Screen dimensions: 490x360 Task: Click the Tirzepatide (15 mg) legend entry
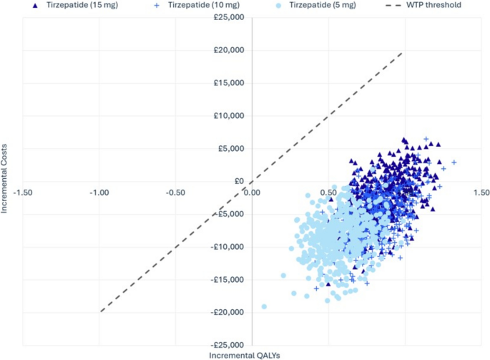(75, 5)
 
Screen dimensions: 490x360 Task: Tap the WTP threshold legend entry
(423, 5)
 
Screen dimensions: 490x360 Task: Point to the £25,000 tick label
(229, 17)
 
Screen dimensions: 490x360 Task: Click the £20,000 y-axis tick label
(229, 50)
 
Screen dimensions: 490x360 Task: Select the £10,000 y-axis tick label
(229, 116)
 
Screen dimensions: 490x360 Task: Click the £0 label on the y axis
(239, 181)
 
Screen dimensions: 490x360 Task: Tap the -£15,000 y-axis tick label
(227, 280)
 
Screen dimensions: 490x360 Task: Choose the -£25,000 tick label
(227, 345)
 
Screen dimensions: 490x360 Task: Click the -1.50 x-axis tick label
(23, 193)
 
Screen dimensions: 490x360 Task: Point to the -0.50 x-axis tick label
(175, 193)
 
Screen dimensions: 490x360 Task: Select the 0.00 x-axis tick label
(252, 193)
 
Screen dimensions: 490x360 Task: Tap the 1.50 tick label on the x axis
(481, 193)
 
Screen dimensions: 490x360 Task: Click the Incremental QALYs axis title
(245, 356)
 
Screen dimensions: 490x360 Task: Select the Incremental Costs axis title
(4, 179)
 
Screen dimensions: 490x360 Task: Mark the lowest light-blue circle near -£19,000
(264, 306)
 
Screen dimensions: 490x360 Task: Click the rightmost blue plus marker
(454, 162)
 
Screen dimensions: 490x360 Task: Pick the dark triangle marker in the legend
(35, 6)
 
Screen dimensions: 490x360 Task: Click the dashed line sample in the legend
(393, 5)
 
